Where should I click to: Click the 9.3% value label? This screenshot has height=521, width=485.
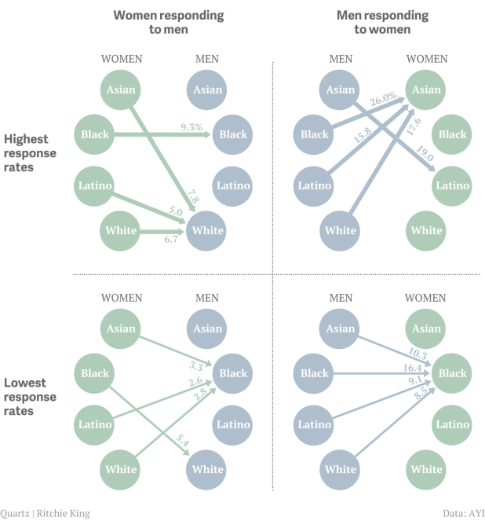(x=191, y=127)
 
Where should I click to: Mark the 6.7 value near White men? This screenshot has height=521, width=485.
(x=171, y=239)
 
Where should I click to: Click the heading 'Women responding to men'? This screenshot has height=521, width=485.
(x=168, y=22)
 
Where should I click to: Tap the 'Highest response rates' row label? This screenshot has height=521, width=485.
(x=31, y=152)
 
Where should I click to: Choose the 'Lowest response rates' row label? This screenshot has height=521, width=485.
(x=31, y=396)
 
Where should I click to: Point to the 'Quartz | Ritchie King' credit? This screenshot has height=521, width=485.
(x=46, y=513)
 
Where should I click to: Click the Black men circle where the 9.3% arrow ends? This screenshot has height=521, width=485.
(x=233, y=134)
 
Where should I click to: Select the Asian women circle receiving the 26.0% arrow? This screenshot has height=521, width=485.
(x=427, y=90)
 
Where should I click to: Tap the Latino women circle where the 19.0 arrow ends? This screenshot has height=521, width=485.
(x=453, y=185)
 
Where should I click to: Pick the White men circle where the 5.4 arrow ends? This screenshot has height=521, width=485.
(x=207, y=469)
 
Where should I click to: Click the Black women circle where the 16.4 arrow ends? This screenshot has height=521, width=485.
(x=453, y=374)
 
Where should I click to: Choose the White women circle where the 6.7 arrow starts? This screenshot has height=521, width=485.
(x=121, y=231)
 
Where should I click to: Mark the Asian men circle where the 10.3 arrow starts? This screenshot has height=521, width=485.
(x=341, y=329)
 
